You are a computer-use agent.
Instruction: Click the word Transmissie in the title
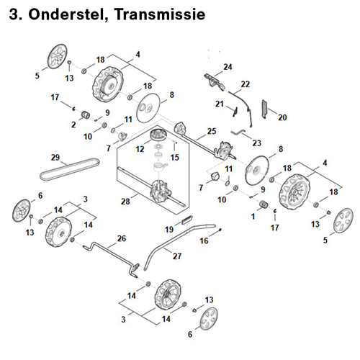pos(160,14)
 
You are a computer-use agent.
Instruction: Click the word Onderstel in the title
pos(68,15)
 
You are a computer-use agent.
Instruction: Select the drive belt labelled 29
pos(70,169)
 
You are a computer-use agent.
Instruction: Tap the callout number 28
pos(125,202)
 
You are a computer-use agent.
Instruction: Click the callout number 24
pos(228,67)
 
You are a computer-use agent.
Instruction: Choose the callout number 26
pos(122,238)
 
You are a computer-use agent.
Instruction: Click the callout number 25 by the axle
pos(212,131)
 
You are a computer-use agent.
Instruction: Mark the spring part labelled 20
pos(264,109)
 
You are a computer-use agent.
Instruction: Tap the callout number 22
pos(246,84)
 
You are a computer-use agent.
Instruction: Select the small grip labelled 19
pos(187,220)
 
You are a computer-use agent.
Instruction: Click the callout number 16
pos(204,240)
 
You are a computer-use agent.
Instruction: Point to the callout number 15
pos(175,157)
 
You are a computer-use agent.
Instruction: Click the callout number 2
pos(73,125)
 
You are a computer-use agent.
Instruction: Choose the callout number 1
pos(253,217)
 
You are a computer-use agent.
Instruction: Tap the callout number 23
pos(256,143)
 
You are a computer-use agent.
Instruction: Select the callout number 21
pos(220,104)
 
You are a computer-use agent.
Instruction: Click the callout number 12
pos(140,149)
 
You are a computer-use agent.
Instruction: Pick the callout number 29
pos(55,157)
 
